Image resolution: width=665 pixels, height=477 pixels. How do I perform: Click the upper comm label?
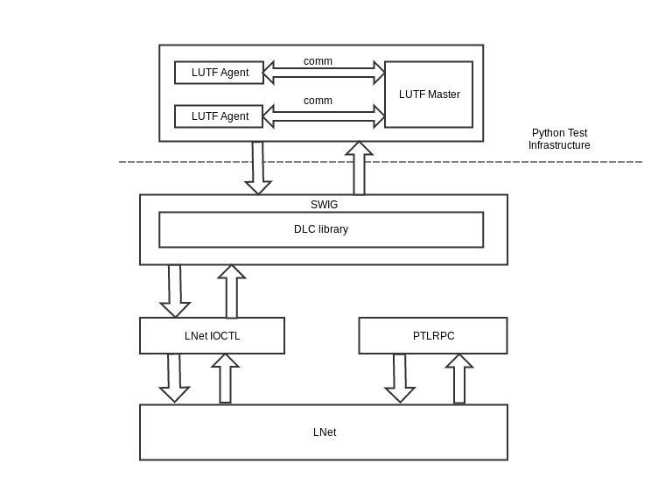(318, 61)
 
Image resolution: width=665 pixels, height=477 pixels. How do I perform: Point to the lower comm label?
(318, 101)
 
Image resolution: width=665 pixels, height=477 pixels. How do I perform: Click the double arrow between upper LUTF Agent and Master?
(324, 73)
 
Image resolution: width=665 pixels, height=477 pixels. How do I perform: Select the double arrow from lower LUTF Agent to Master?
(324, 116)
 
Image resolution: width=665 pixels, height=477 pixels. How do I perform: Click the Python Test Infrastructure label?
(559, 139)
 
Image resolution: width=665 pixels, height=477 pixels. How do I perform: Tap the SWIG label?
(324, 205)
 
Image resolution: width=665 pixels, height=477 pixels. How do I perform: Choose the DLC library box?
(321, 229)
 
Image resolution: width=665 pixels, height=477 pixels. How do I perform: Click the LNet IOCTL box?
(212, 335)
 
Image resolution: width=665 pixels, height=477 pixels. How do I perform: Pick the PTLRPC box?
(433, 335)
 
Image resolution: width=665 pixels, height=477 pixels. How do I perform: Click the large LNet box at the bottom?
(324, 432)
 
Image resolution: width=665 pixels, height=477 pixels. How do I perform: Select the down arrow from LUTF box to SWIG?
(258, 168)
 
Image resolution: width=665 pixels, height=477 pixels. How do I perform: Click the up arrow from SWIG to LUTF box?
(360, 168)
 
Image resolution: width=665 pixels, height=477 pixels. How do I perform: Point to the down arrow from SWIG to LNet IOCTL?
(175, 291)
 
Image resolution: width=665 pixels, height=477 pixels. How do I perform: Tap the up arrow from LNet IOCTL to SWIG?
(232, 291)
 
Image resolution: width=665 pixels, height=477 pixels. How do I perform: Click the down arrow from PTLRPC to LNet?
(400, 379)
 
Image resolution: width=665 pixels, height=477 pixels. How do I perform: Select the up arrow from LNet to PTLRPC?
(459, 379)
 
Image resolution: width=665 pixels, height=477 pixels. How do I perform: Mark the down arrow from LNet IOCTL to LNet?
(174, 379)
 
